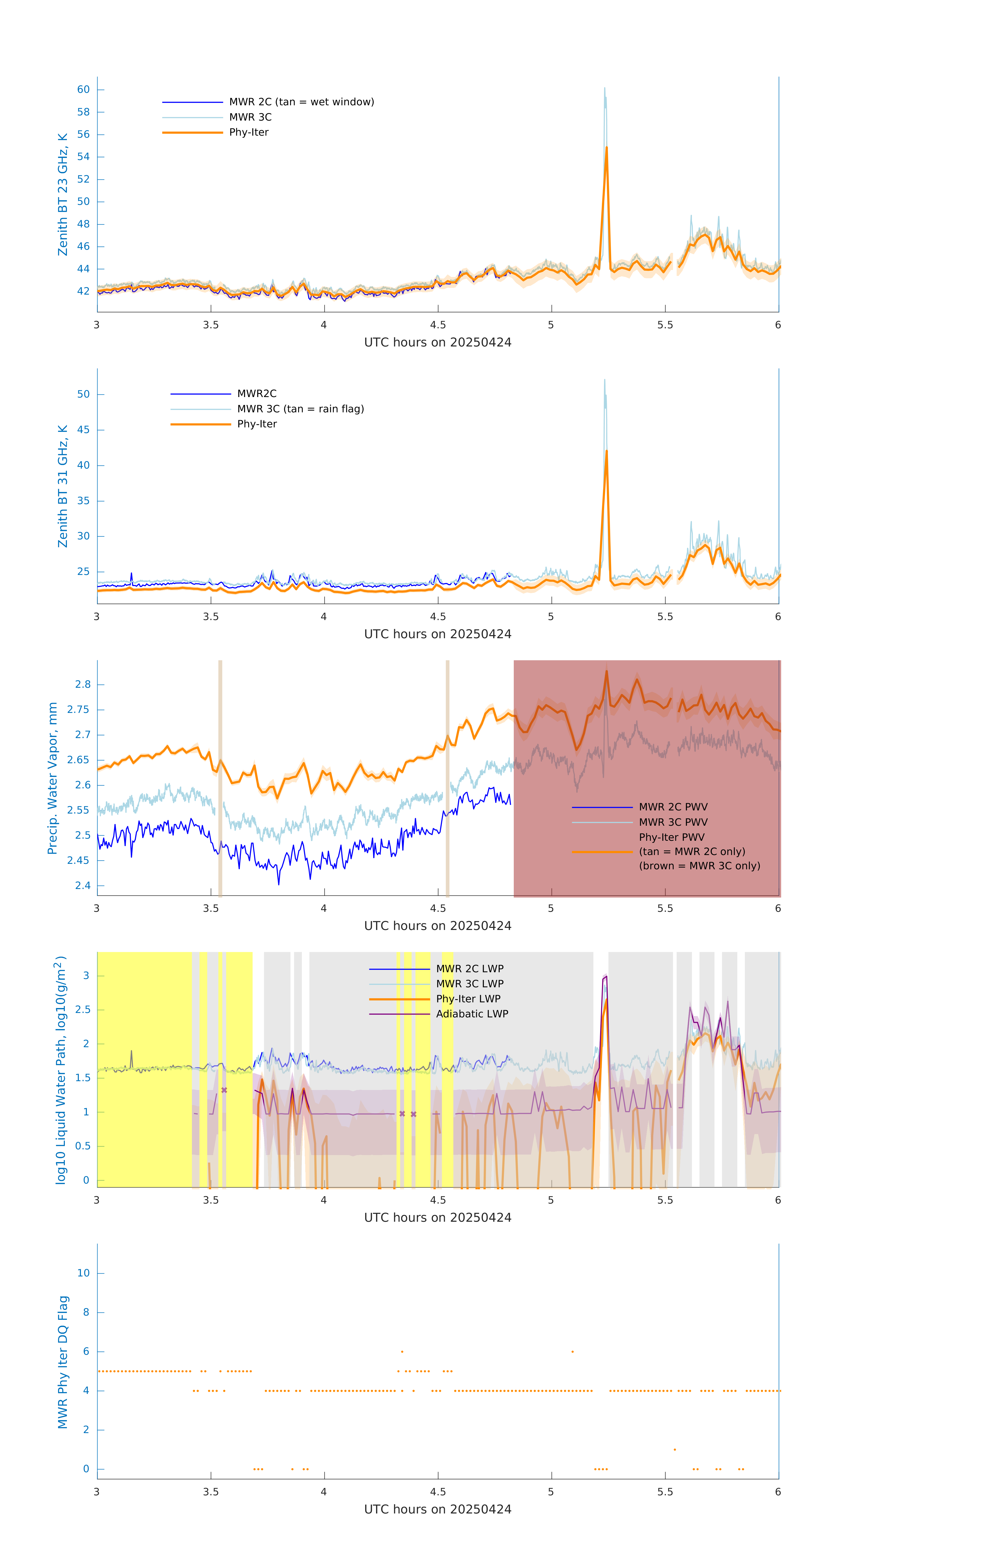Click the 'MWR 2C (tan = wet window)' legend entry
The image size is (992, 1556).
click(301, 102)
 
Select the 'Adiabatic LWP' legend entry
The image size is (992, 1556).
click(472, 1014)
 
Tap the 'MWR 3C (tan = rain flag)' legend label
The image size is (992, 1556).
click(301, 409)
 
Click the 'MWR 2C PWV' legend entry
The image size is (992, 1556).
click(673, 807)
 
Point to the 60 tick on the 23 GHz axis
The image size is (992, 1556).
click(83, 90)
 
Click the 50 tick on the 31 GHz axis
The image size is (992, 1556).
click(83, 394)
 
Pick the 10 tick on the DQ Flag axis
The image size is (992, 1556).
click(83, 1273)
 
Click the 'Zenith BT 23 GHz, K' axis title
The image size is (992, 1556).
click(63, 195)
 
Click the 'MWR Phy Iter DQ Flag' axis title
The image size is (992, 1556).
click(63, 1362)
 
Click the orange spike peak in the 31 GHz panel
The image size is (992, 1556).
click(606, 451)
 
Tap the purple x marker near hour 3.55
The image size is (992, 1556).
click(224, 1090)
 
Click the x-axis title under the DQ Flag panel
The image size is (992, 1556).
click(438, 1510)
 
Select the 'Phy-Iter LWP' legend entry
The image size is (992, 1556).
click(468, 999)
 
